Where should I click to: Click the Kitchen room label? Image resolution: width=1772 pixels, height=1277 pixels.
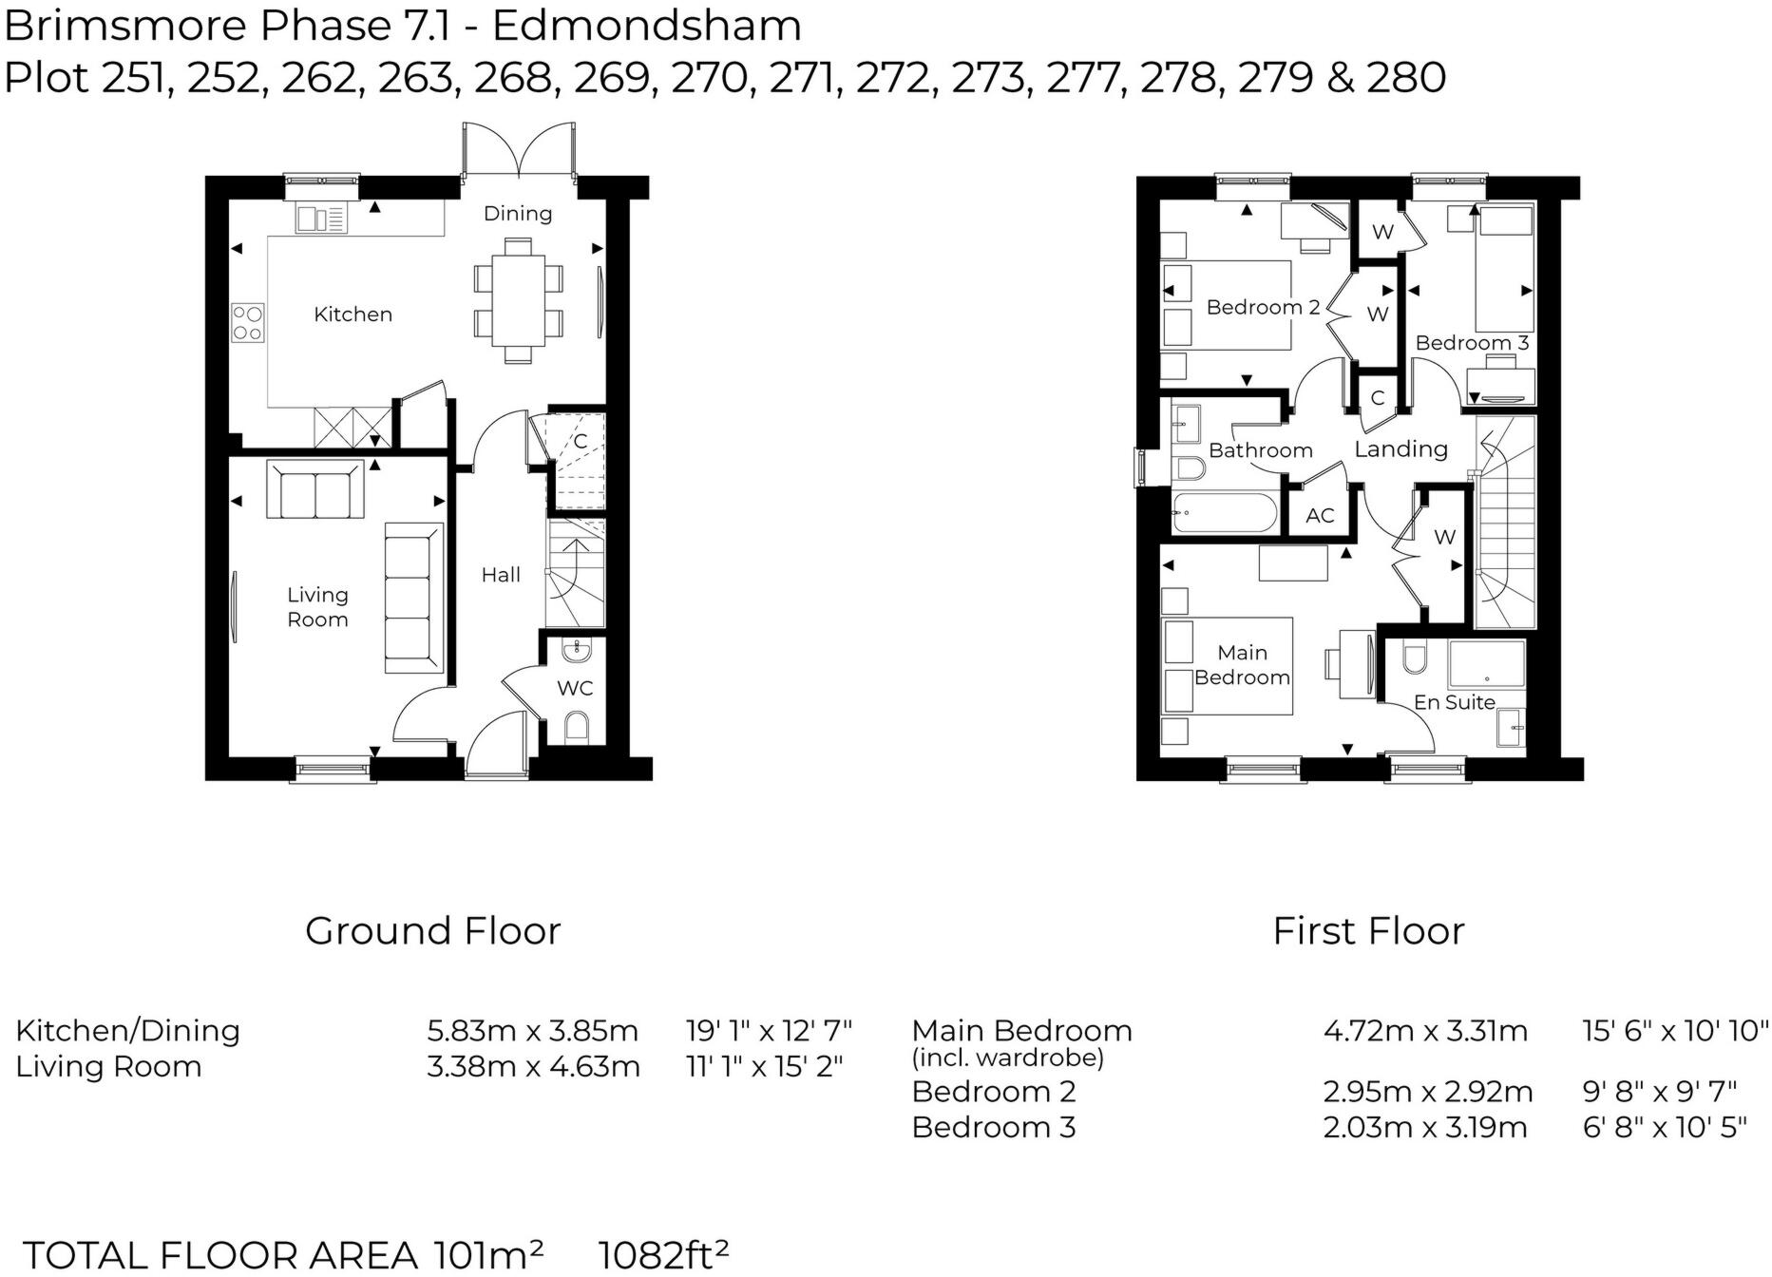pyautogui.click(x=352, y=314)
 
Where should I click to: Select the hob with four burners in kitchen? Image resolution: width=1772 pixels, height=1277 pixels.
pyautogui.click(x=248, y=322)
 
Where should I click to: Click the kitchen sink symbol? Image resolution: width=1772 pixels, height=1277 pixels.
pyautogui.click(x=321, y=219)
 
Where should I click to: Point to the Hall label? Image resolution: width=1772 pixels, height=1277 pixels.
pyautogui.click(x=501, y=575)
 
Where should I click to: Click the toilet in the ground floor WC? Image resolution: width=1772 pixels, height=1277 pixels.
pyautogui.click(x=577, y=729)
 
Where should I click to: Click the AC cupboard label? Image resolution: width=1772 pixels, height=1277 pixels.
pyautogui.click(x=1320, y=516)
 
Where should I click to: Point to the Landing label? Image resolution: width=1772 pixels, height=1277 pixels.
pyautogui.click(x=1400, y=449)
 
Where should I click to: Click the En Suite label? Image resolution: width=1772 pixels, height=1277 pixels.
pyautogui.click(x=1454, y=702)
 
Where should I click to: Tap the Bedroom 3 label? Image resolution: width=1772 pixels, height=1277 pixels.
pyautogui.click(x=1472, y=343)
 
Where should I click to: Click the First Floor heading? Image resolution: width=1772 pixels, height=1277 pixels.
pyautogui.click(x=1368, y=931)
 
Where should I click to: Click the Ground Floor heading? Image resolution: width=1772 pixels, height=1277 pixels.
pyautogui.click(x=433, y=931)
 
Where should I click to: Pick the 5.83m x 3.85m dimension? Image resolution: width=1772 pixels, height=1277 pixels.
pyautogui.click(x=532, y=1031)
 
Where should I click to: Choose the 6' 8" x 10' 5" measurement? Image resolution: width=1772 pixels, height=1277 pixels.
pyautogui.click(x=1665, y=1128)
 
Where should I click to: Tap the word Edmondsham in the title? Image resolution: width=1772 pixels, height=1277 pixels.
pyautogui.click(x=647, y=26)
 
